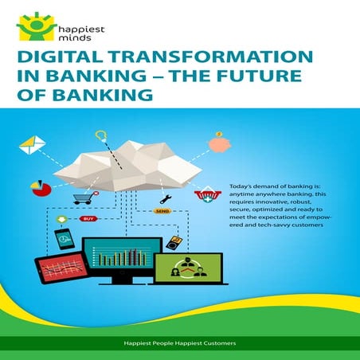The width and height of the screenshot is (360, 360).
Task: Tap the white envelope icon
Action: pos(33,145)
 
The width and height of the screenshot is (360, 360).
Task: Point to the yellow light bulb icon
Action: pos(100,136)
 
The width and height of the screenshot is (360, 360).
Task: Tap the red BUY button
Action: pos(89,217)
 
